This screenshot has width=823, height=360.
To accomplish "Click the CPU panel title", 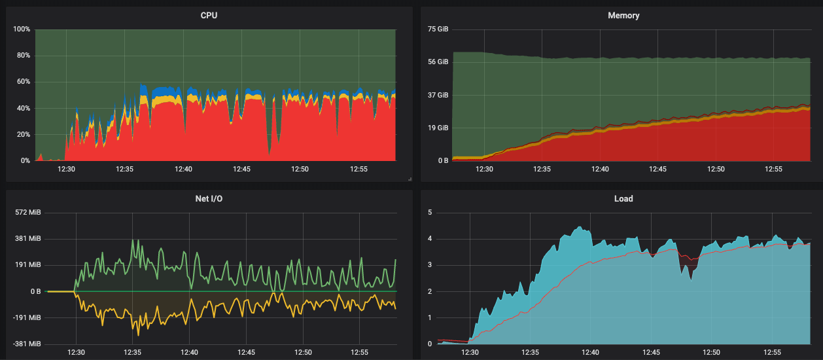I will point(209,15).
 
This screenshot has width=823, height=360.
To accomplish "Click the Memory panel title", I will point(623,15).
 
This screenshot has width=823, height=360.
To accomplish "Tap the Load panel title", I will point(623,198).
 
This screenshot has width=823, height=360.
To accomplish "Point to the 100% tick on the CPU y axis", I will point(22,29).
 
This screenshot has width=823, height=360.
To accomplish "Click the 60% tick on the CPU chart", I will point(24,82).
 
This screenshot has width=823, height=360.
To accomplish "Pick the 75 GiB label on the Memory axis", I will point(438,29).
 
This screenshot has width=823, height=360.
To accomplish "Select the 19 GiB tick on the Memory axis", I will point(438,128).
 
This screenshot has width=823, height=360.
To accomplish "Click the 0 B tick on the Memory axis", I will point(442,160).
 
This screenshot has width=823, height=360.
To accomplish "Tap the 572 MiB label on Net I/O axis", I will point(27,213).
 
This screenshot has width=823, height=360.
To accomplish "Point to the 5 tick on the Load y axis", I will point(430,213).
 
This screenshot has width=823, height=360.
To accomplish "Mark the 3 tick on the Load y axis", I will point(430,265).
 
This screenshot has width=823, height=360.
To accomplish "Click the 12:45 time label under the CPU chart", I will point(241,169).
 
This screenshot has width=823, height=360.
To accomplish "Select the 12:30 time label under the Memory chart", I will point(484,169).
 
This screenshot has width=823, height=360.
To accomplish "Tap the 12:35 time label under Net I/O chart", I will point(133,352).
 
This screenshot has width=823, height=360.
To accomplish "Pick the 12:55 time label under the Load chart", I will point(773,352).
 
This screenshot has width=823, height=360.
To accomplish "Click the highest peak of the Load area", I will point(580,227).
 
